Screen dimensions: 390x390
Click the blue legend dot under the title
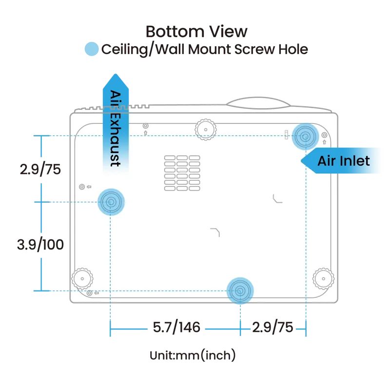[91, 50]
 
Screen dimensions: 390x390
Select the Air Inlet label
[344, 161]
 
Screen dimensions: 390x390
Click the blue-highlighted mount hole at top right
[305, 136]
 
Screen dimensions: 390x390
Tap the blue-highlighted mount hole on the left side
[111, 201]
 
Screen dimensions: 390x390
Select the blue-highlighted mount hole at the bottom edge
[240, 291]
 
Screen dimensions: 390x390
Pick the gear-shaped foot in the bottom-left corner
[82, 278]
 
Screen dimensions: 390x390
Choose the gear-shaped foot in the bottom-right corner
[322, 278]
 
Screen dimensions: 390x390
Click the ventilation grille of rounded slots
[182, 173]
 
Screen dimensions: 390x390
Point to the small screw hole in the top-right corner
[324, 135]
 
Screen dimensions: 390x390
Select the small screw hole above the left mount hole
[81, 186]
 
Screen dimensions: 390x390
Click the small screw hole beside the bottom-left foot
[89, 292]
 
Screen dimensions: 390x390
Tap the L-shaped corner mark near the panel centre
[215, 232]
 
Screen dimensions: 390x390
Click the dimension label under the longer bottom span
[175, 328]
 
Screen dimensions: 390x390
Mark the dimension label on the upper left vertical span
[41, 169]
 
